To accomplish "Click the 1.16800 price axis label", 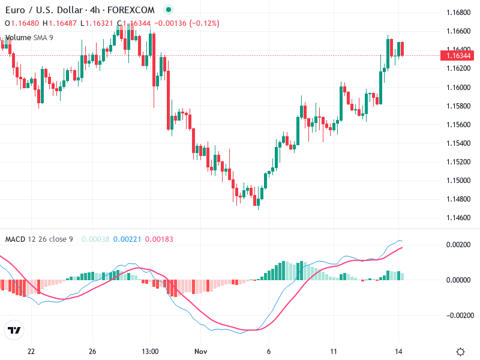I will point(459,13).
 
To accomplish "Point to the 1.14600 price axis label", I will point(459,217).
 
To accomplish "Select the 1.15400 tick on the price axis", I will point(459,143).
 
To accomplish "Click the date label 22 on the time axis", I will point(31,352).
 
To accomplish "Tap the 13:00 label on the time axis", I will point(149,352).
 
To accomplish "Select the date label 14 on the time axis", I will point(398,352).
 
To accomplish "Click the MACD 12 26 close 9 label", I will point(39,239).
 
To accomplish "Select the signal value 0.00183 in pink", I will point(159,239).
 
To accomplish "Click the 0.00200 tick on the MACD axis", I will point(459,245).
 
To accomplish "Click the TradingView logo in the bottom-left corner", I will point(14,331).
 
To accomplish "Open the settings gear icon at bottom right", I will point(461,352).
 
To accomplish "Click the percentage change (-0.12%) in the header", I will point(205,23).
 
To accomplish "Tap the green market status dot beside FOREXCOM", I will point(169,10).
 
